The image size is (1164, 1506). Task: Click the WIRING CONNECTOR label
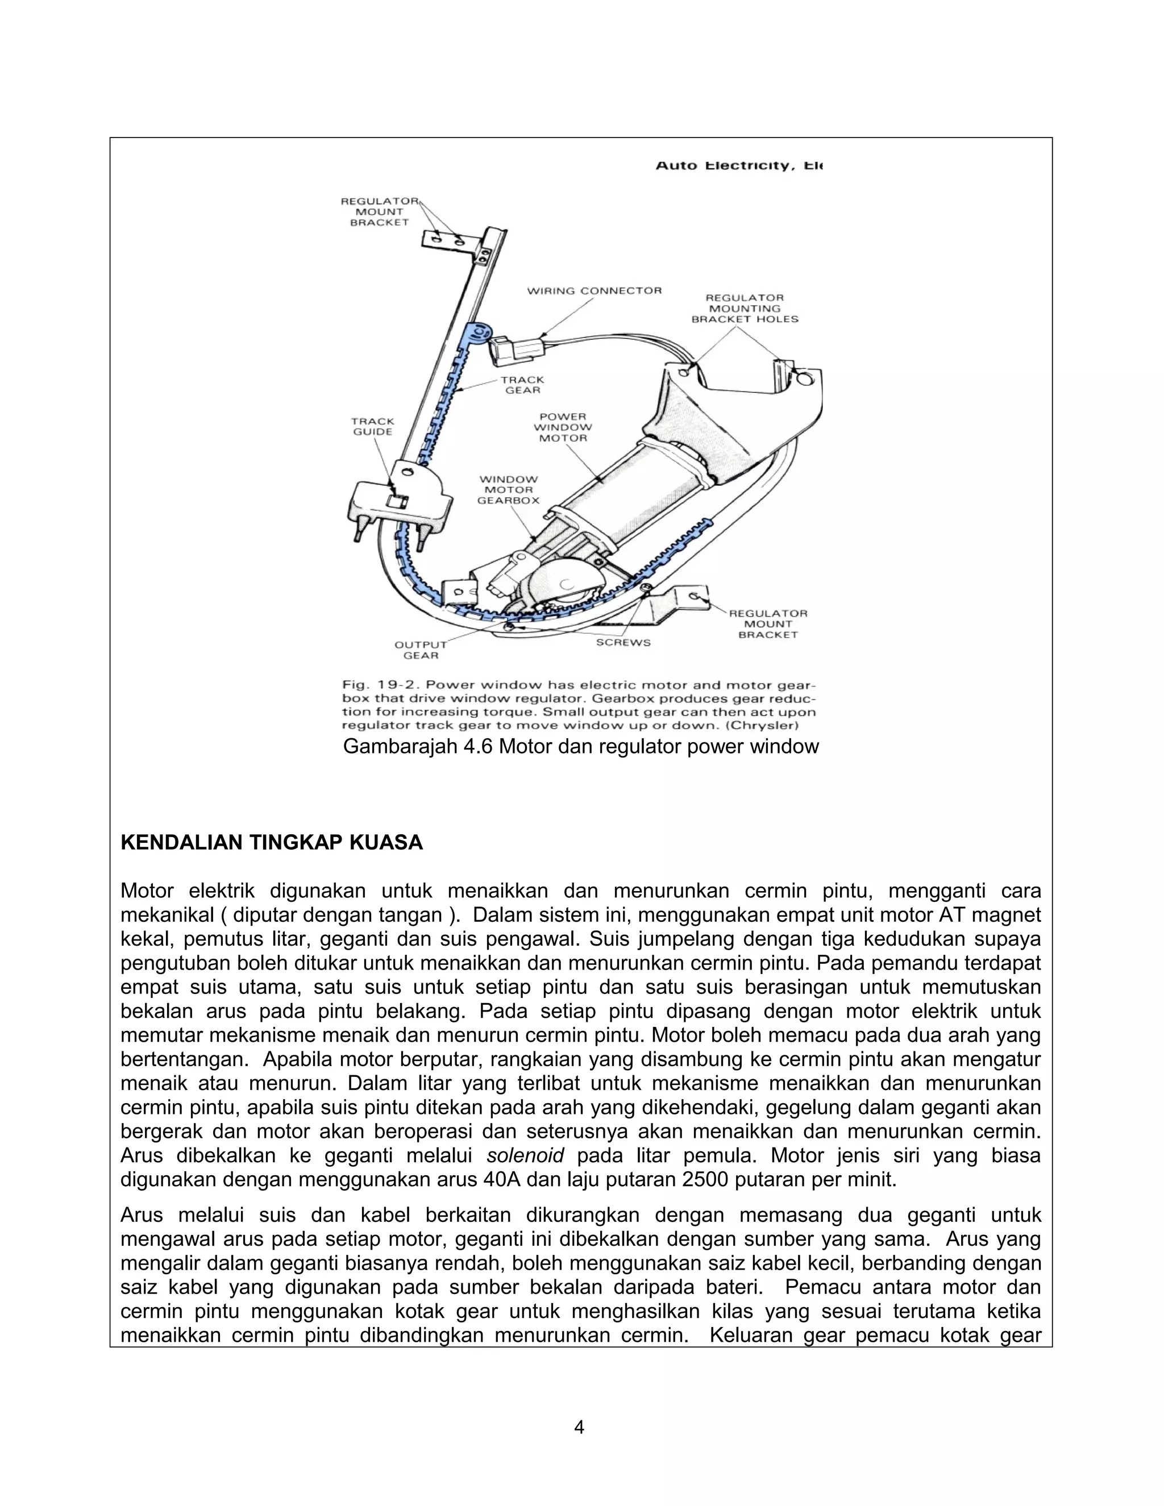click(x=595, y=291)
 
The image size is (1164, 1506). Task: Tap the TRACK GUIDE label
click(x=372, y=426)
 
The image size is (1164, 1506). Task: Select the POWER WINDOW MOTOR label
click(x=563, y=427)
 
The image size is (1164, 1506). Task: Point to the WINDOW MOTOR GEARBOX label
click(x=508, y=489)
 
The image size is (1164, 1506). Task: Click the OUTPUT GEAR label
click(x=420, y=650)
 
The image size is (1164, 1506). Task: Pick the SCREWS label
click(x=623, y=643)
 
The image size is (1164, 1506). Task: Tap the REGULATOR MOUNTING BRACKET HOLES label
click(x=745, y=308)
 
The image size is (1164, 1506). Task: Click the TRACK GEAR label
click(x=523, y=385)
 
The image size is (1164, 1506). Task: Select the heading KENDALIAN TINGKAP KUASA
click(x=272, y=843)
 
